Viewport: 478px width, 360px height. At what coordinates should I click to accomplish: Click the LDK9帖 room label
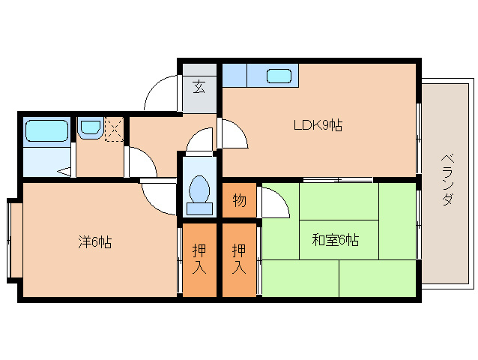pyautogui.click(x=317, y=125)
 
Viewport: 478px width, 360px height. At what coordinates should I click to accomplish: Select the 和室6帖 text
pyautogui.click(x=335, y=240)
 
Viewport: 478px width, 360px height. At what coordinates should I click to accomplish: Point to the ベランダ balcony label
pyautogui.click(x=447, y=180)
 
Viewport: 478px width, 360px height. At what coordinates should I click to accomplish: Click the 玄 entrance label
pyautogui.click(x=199, y=86)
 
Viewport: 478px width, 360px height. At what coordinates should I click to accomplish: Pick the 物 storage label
pyautogui.click(x=239, y=201)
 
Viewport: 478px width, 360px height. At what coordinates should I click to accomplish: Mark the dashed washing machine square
pyautogui.click(x=114, y=129)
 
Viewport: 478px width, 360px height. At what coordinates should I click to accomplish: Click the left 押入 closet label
pyautogui.click(x=199, y=259)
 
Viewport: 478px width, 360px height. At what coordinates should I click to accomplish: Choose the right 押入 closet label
pyautogui.click(x=239, y=259)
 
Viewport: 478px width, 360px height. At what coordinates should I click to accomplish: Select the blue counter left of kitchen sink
pyautogui.click(x=235, y=76)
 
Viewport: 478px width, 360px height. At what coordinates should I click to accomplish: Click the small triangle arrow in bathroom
pyautogui.click(x=65, y=172)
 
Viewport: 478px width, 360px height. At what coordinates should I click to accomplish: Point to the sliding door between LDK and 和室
pyautogui.click(x=337, y=179)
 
